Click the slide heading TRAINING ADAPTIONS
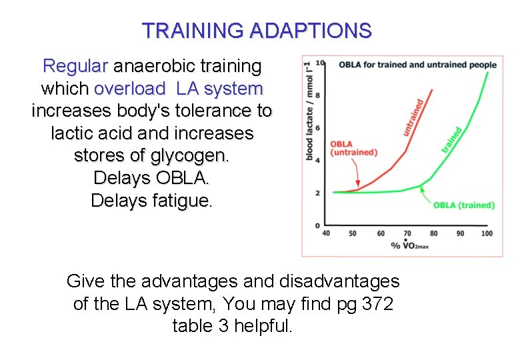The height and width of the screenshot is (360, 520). point(257,31)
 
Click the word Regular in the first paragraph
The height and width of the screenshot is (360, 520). point(75,66)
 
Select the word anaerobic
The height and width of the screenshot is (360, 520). point(153,66)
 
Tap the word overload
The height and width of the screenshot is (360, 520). point(130,88)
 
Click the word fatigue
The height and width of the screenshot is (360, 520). point(179,200)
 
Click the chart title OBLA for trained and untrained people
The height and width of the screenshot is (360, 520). point(417,65)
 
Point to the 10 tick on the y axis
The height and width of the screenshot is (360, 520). point(319,63)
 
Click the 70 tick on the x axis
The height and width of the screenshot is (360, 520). point(407,233)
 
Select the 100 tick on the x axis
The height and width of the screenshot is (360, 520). point(486,233)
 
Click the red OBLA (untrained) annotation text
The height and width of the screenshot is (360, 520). point(353,148)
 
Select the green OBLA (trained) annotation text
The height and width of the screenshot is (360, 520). point(463,205)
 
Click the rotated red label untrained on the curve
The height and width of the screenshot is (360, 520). point(413,117)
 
